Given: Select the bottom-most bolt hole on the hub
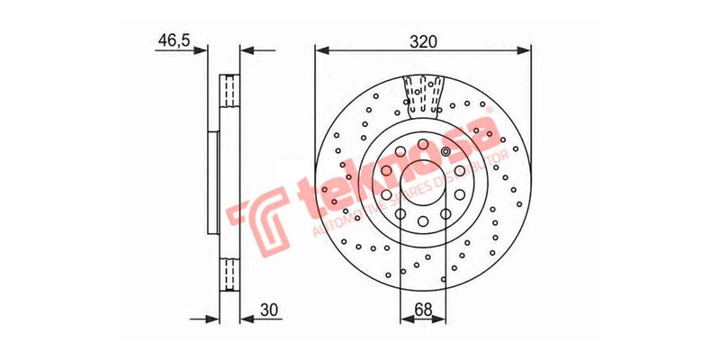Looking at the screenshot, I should point(422,220).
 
